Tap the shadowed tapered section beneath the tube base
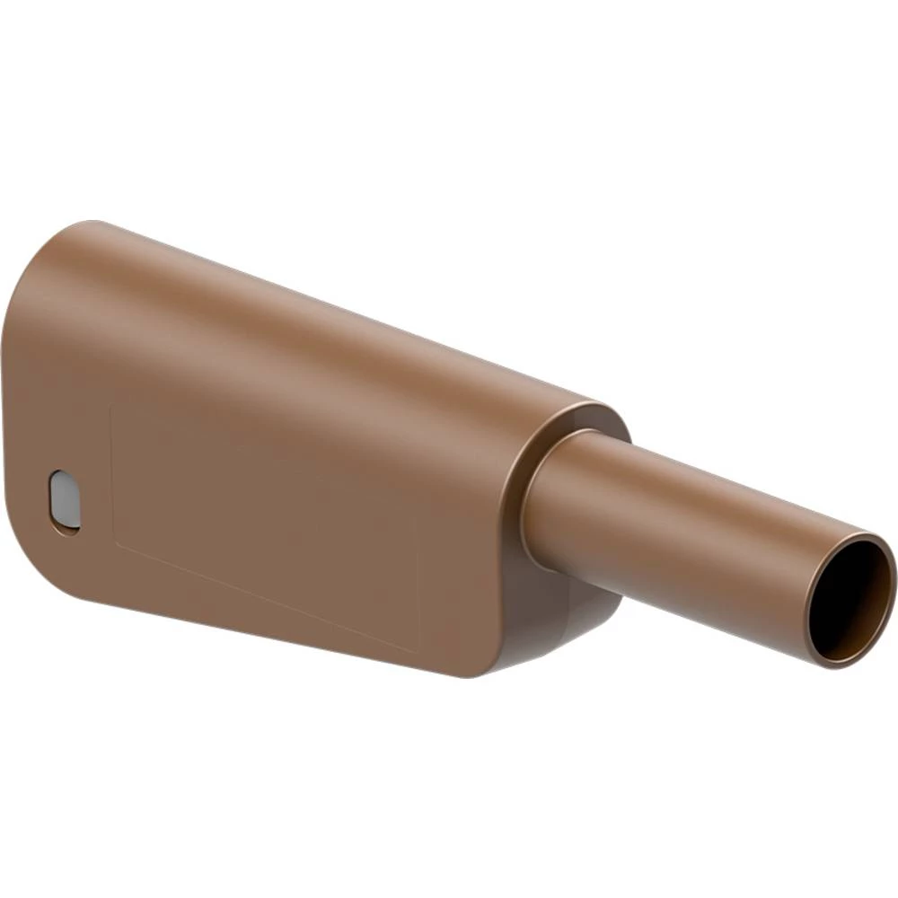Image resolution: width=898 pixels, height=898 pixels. click(x=557, y=620)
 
